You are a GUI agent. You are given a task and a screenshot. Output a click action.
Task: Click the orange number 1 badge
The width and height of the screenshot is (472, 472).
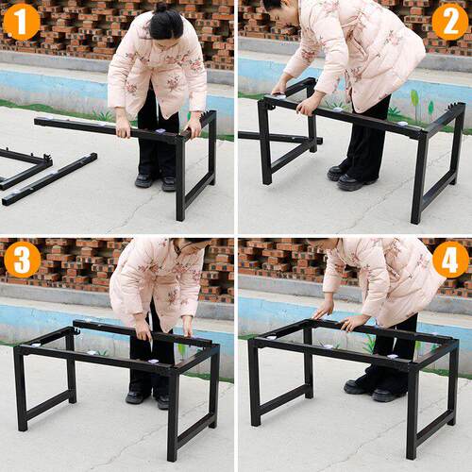pyautogui.click(x=21, y=22)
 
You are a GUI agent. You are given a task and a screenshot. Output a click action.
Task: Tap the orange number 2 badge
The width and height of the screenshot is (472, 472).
pyautogui.click(x=450, y=22)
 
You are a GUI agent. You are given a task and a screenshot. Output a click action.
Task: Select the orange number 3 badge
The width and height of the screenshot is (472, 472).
pyautogui.click(x=23, y=259)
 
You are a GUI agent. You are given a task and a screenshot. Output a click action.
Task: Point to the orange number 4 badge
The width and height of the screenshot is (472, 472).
pyautogui.click(x=450, y=260)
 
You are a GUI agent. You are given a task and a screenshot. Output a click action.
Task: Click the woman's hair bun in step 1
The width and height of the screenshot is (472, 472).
pyautogui.click(x=161, y=8)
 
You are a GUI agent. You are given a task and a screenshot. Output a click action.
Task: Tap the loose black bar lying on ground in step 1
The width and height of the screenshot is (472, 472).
pyautogui.click(x=50, y=179)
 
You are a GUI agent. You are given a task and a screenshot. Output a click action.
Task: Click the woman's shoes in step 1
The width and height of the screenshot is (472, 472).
pyautogui.click(x=156, y=182)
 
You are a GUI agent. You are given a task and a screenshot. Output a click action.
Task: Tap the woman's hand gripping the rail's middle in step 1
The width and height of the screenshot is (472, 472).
pyautogui.click(x=123, y=128)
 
